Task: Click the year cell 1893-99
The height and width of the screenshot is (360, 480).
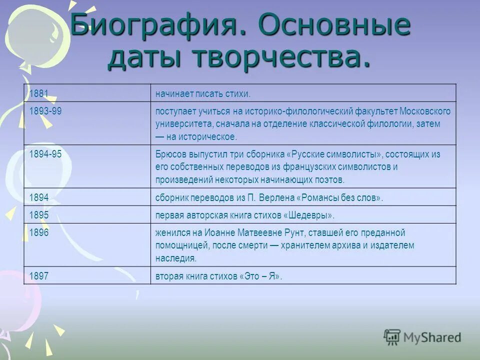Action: (x=45, y=111)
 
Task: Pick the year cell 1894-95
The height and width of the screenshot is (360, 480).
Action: (x=45, y=154)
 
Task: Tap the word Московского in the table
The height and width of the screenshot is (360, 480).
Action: (x=425, y=111)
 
